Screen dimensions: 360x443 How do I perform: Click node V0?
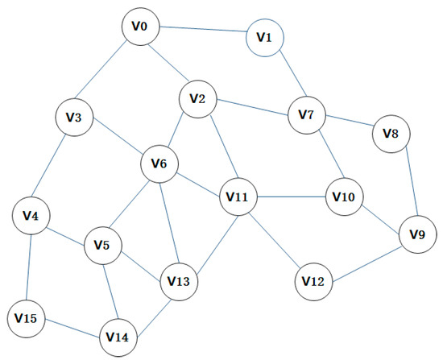[140, 27]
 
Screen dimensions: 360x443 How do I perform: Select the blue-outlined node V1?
[265, 36]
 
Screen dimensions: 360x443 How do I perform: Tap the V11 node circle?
[238, 196]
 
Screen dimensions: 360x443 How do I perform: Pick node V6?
[159, 164]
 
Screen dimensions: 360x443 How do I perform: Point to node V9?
[417, 235]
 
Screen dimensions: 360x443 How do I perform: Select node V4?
[31, 216]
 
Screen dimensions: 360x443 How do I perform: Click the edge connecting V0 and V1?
[202, 31]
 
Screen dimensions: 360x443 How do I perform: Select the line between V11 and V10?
[292, 196]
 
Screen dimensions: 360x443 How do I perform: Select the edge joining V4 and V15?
[28, 267]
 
